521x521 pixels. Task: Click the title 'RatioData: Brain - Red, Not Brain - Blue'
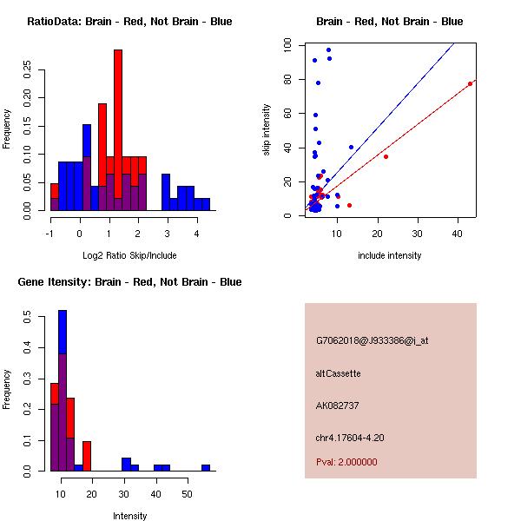tap(129, 22)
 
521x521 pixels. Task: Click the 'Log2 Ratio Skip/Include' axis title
tap(129, 255)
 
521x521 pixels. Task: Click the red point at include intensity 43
tap(470, 83)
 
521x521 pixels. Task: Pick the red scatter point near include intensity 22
tap(386, 156)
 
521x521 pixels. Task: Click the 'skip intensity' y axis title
tap(267, 130)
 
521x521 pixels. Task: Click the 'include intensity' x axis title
tap(390, 255)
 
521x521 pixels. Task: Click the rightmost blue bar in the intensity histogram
tap(206, 467)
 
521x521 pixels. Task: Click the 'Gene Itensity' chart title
tap(129, 282)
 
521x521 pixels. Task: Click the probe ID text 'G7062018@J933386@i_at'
tap(373, 340)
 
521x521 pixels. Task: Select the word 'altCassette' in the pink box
tap(338, 373)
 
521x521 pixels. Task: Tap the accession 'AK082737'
tap(338, 406)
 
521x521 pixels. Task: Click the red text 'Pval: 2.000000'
tap(346, 462)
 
